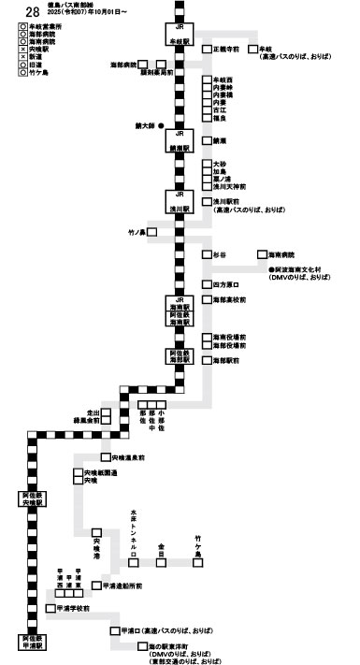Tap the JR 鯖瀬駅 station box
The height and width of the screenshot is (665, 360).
(180, 143)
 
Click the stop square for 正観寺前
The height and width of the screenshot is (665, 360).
(207, 48)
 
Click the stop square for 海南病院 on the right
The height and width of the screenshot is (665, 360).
(263, 254)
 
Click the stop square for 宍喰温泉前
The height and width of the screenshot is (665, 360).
(105, 458)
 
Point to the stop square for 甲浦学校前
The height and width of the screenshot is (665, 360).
(50, 609)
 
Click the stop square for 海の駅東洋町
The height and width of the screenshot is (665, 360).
(139, 645)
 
